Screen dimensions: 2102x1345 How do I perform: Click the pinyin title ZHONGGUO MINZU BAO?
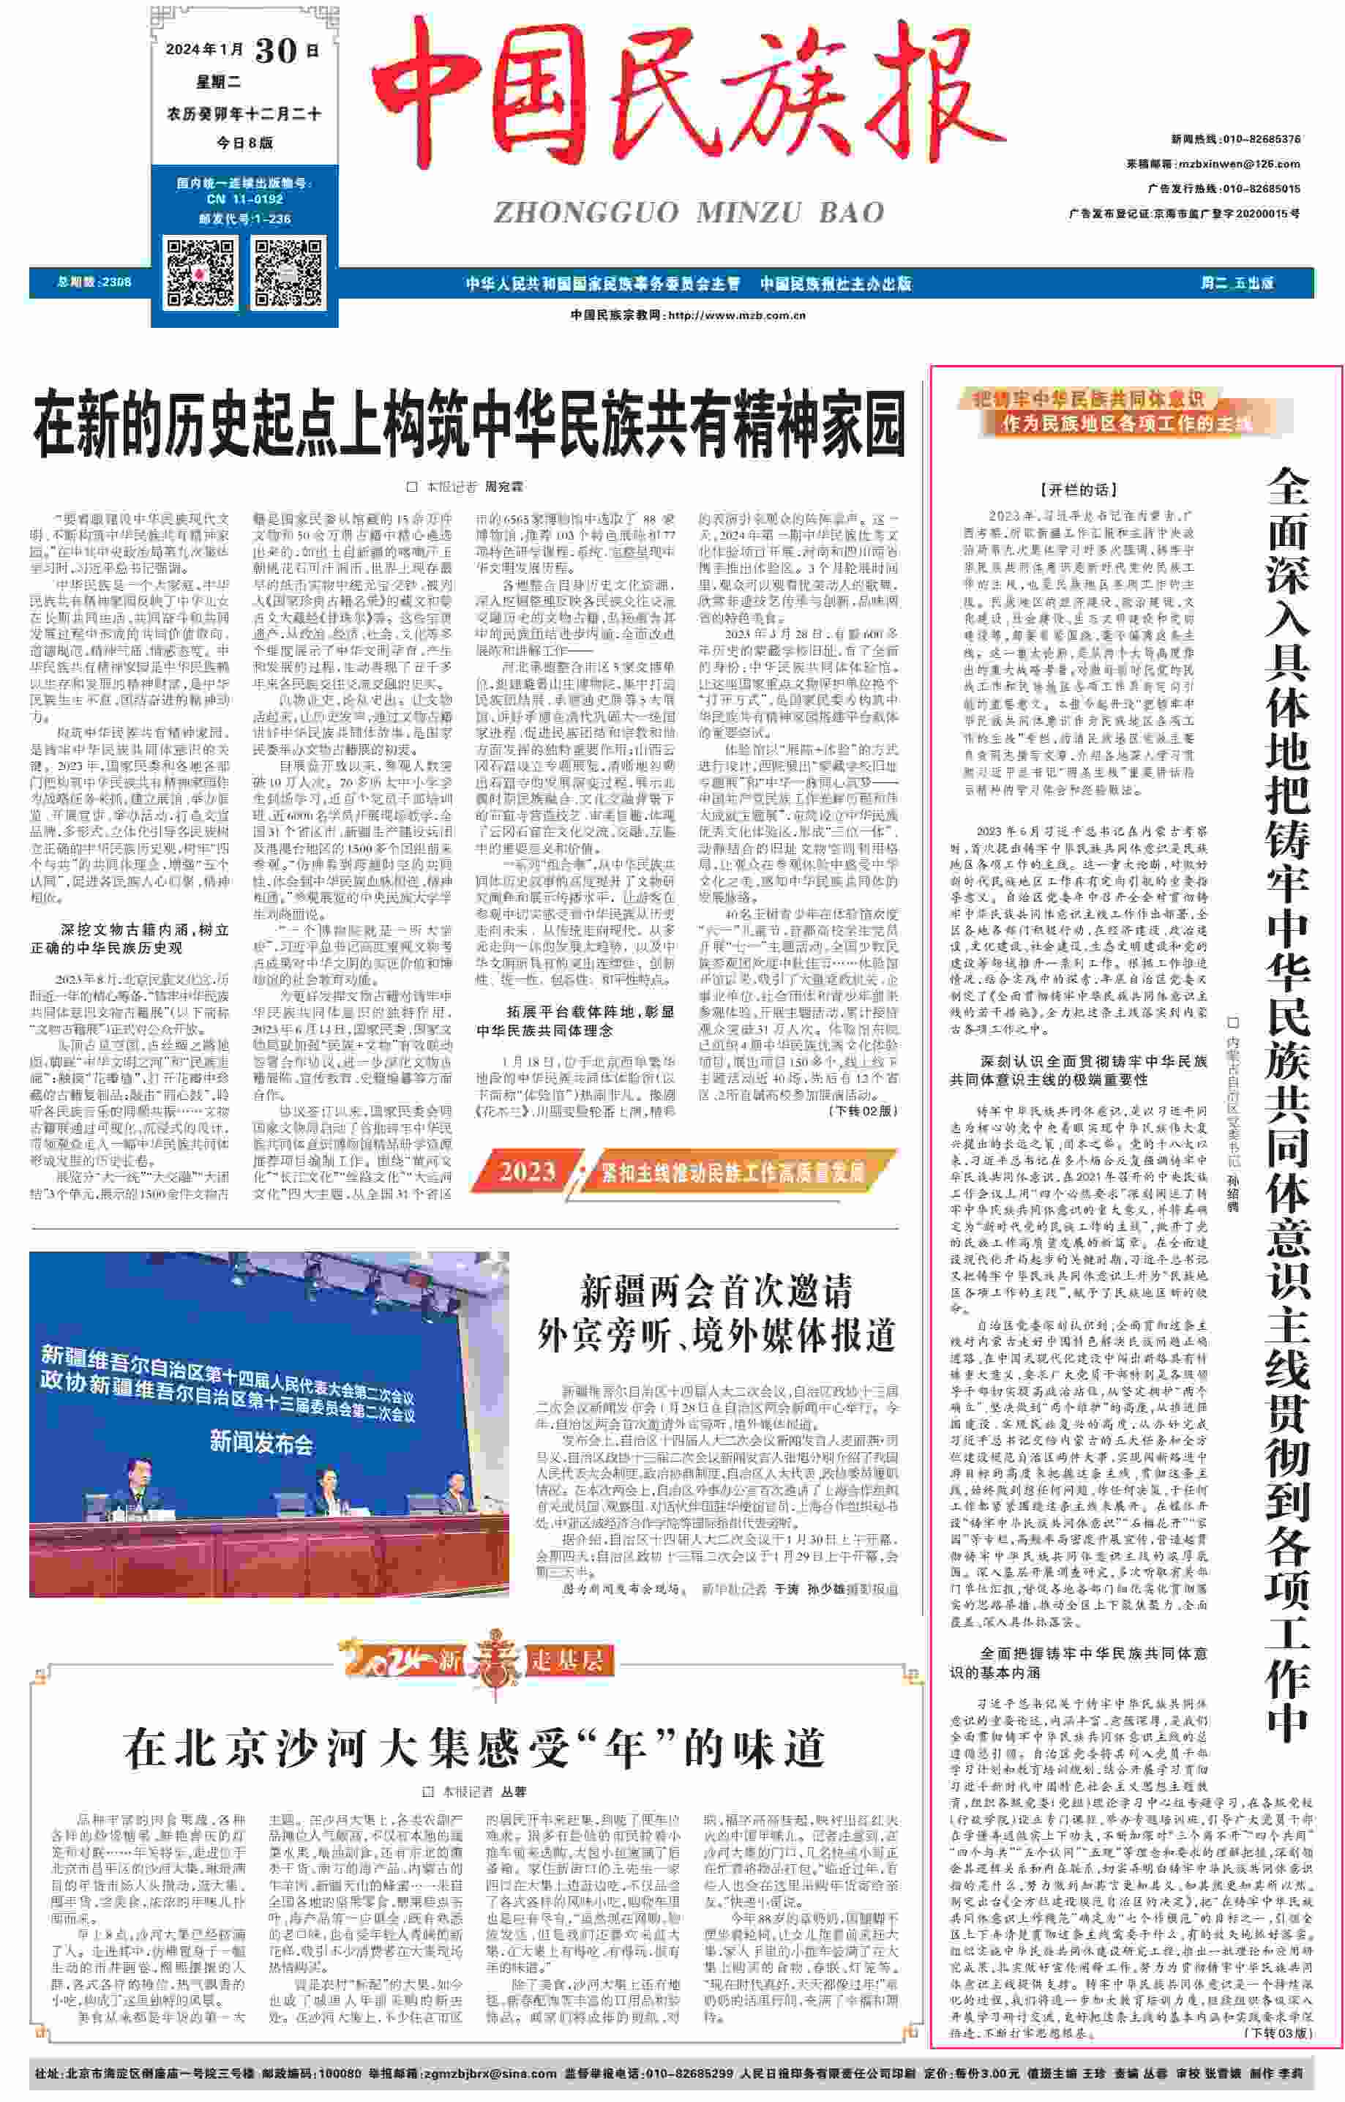pyautogui.click(x=689, y=212)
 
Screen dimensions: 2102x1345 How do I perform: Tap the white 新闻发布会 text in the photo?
pyautogui.click(x=261, y=1441)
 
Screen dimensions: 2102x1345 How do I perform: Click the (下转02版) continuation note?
pyautogui.click(x=863, y=1111)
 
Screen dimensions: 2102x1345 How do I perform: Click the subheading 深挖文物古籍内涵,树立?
pyautogui.click(x=143, y=930)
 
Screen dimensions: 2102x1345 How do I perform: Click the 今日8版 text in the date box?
pyautogui.click(x=244, y=142)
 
